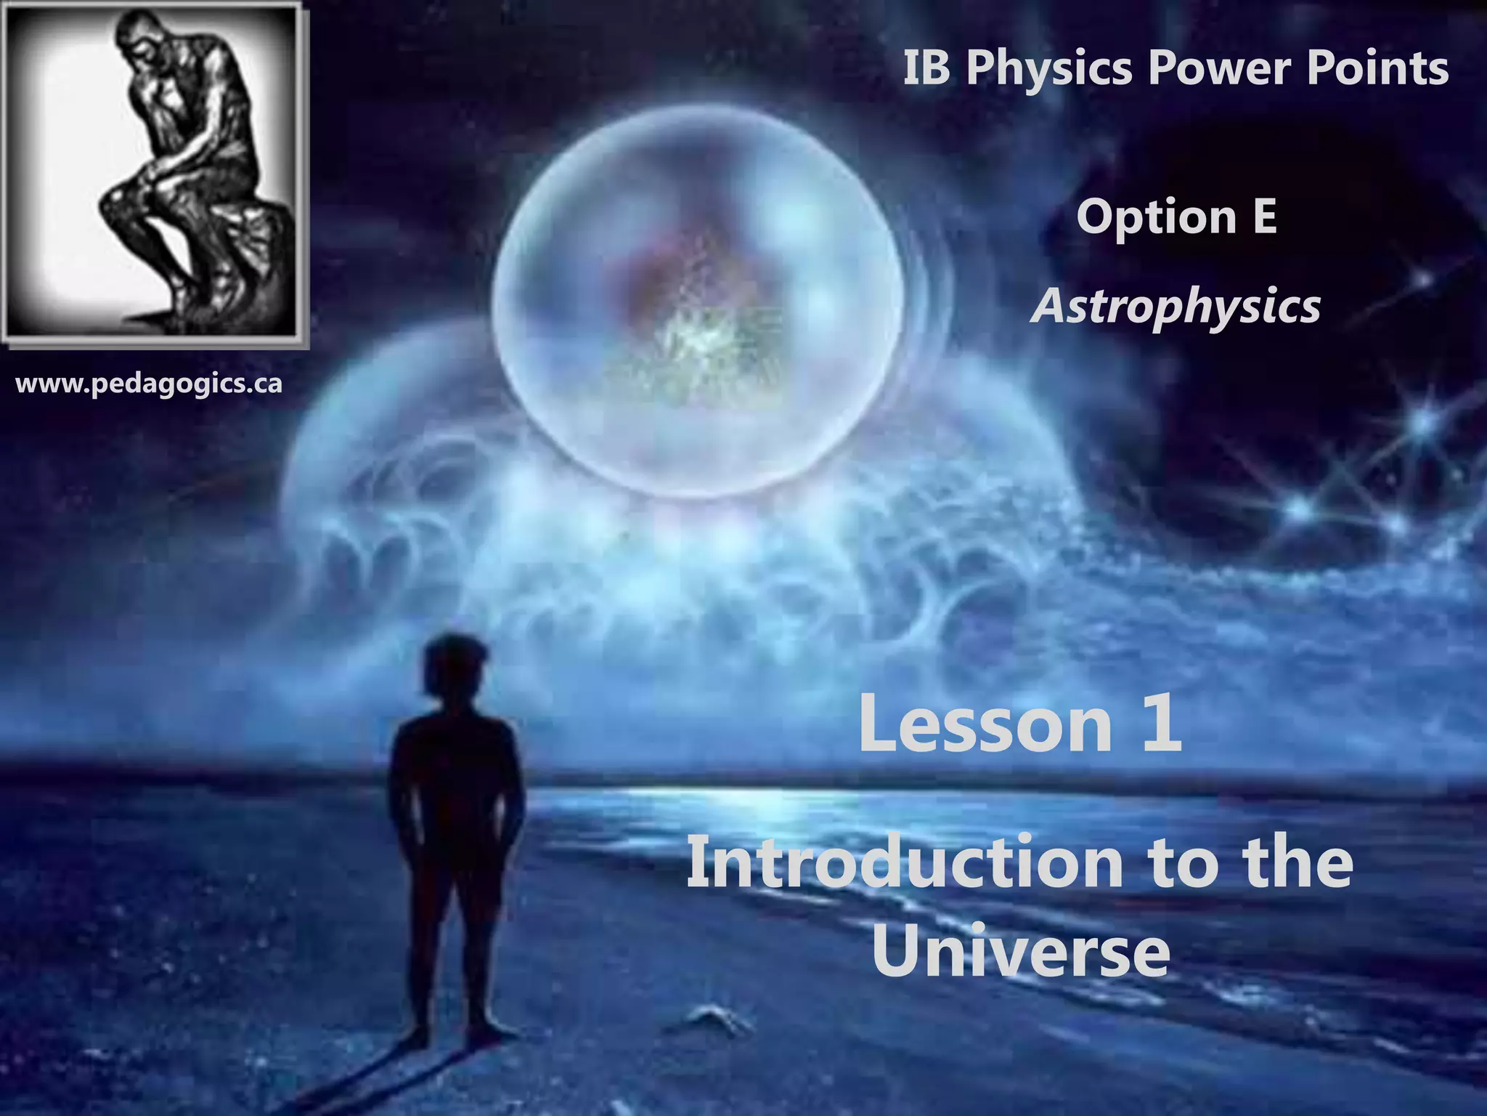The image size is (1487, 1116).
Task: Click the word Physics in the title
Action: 1048,69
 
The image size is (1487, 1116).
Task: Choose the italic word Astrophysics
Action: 1176,306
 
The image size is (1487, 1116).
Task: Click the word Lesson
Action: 985,723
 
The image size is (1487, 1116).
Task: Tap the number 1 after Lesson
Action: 1161,723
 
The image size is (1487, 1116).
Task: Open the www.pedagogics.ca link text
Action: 149,383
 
